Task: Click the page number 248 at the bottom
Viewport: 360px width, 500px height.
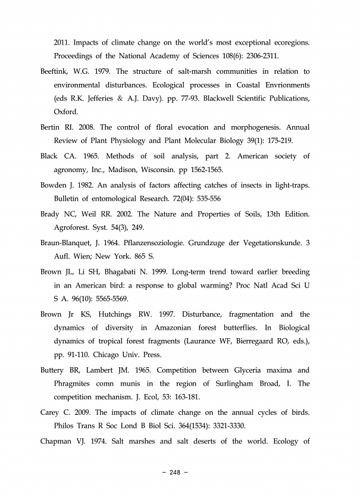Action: point(175,473)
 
